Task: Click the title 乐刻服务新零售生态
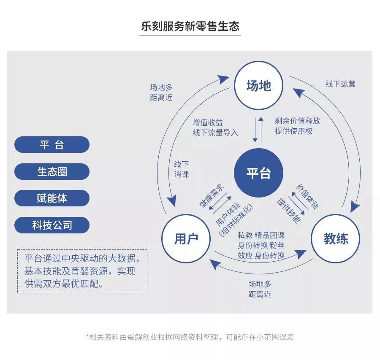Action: pos(190,27)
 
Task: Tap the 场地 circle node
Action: pos(258,86)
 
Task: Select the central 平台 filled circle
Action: pos(258,173)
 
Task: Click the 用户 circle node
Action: pos(186,239)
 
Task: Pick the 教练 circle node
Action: pos(336,239)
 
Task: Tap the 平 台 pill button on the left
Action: pos(52,145)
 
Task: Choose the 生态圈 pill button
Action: pos(52,172)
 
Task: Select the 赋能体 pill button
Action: pos(52,198)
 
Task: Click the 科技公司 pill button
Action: pos(52,225)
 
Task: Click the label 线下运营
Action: pos(340,84)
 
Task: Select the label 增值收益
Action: pos(208,122)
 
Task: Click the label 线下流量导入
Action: pos(215,133)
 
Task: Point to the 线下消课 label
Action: pos(182,169)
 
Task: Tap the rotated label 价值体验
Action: pos(307,196)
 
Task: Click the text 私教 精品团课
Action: pos(261,235)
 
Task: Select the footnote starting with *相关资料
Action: pos(190,337)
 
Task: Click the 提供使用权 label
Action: pos(294,131)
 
